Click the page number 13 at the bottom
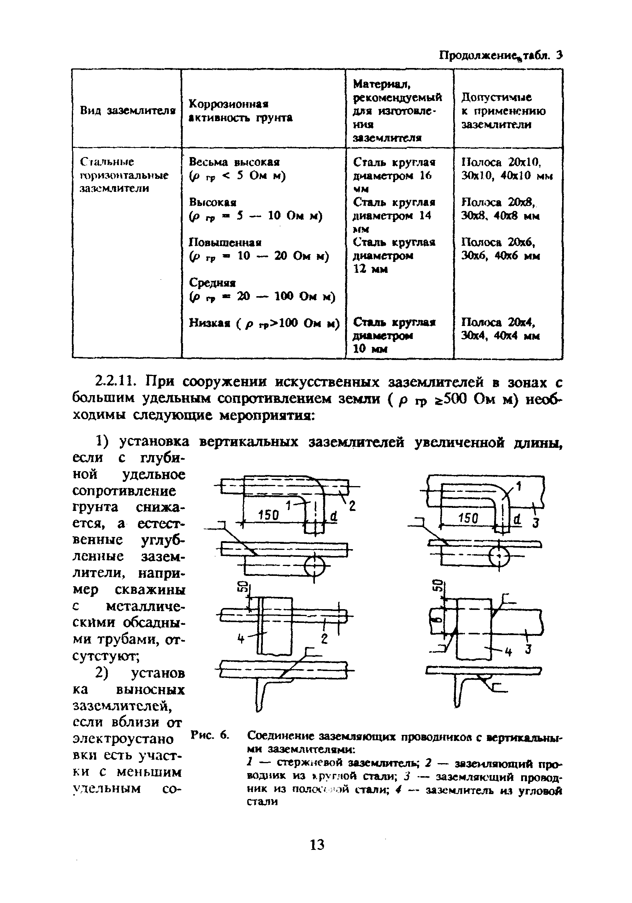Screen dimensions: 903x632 coord(317,845)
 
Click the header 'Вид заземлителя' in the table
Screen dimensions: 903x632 coord(127,110)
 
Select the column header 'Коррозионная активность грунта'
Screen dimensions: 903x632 coord(241,110)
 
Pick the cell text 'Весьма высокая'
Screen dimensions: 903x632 coord(234,162)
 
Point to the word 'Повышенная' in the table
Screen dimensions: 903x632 coord(225,242)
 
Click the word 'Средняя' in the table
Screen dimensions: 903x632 coord(212,282)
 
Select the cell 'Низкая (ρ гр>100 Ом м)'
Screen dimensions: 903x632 coord(264,323)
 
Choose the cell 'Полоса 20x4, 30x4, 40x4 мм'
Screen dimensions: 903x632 coord(500,329)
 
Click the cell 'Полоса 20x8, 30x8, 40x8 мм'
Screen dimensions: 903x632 coord(500,209)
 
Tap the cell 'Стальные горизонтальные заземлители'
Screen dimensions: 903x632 coord(124,175)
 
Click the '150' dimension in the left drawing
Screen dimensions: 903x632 coord(269,515)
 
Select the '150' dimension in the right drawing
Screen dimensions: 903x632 coord(468,518)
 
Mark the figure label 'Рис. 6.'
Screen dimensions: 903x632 coord(210,735)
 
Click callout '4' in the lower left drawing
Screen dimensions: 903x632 coord(241,639)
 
